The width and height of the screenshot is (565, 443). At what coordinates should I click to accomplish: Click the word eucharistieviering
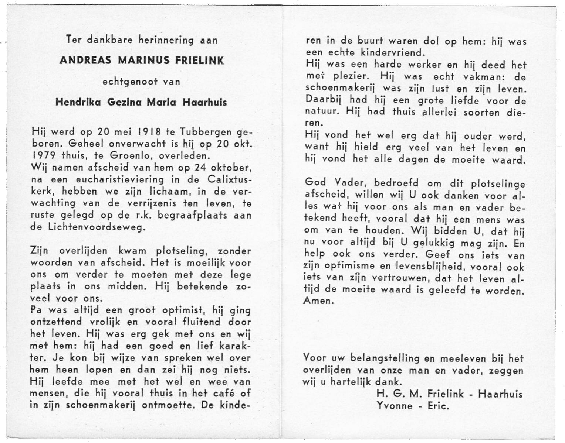coord(121,179)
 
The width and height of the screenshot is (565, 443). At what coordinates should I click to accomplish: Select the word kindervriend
coord(386,52)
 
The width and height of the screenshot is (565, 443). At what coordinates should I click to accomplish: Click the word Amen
coord(318,301)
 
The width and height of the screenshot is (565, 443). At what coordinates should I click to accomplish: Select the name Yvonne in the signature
coord(395,406)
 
